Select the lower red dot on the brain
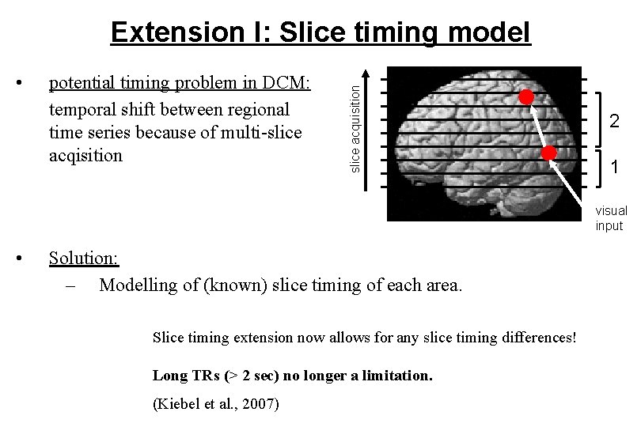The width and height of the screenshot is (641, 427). [x=550, y=152]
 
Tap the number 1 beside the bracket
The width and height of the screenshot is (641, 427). [x=613, y=168]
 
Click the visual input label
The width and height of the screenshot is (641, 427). [x=611, y=218]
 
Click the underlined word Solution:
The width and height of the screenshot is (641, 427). [x=84, y=258]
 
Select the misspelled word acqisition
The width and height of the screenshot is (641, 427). [x=85, y=155]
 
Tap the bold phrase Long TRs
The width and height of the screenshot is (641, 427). [x=182, y=375]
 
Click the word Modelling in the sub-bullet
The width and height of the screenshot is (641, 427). [x=138, y=285]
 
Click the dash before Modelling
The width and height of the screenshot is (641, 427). [x=70, y=285]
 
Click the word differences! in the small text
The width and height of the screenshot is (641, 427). [x=538, y=338]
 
